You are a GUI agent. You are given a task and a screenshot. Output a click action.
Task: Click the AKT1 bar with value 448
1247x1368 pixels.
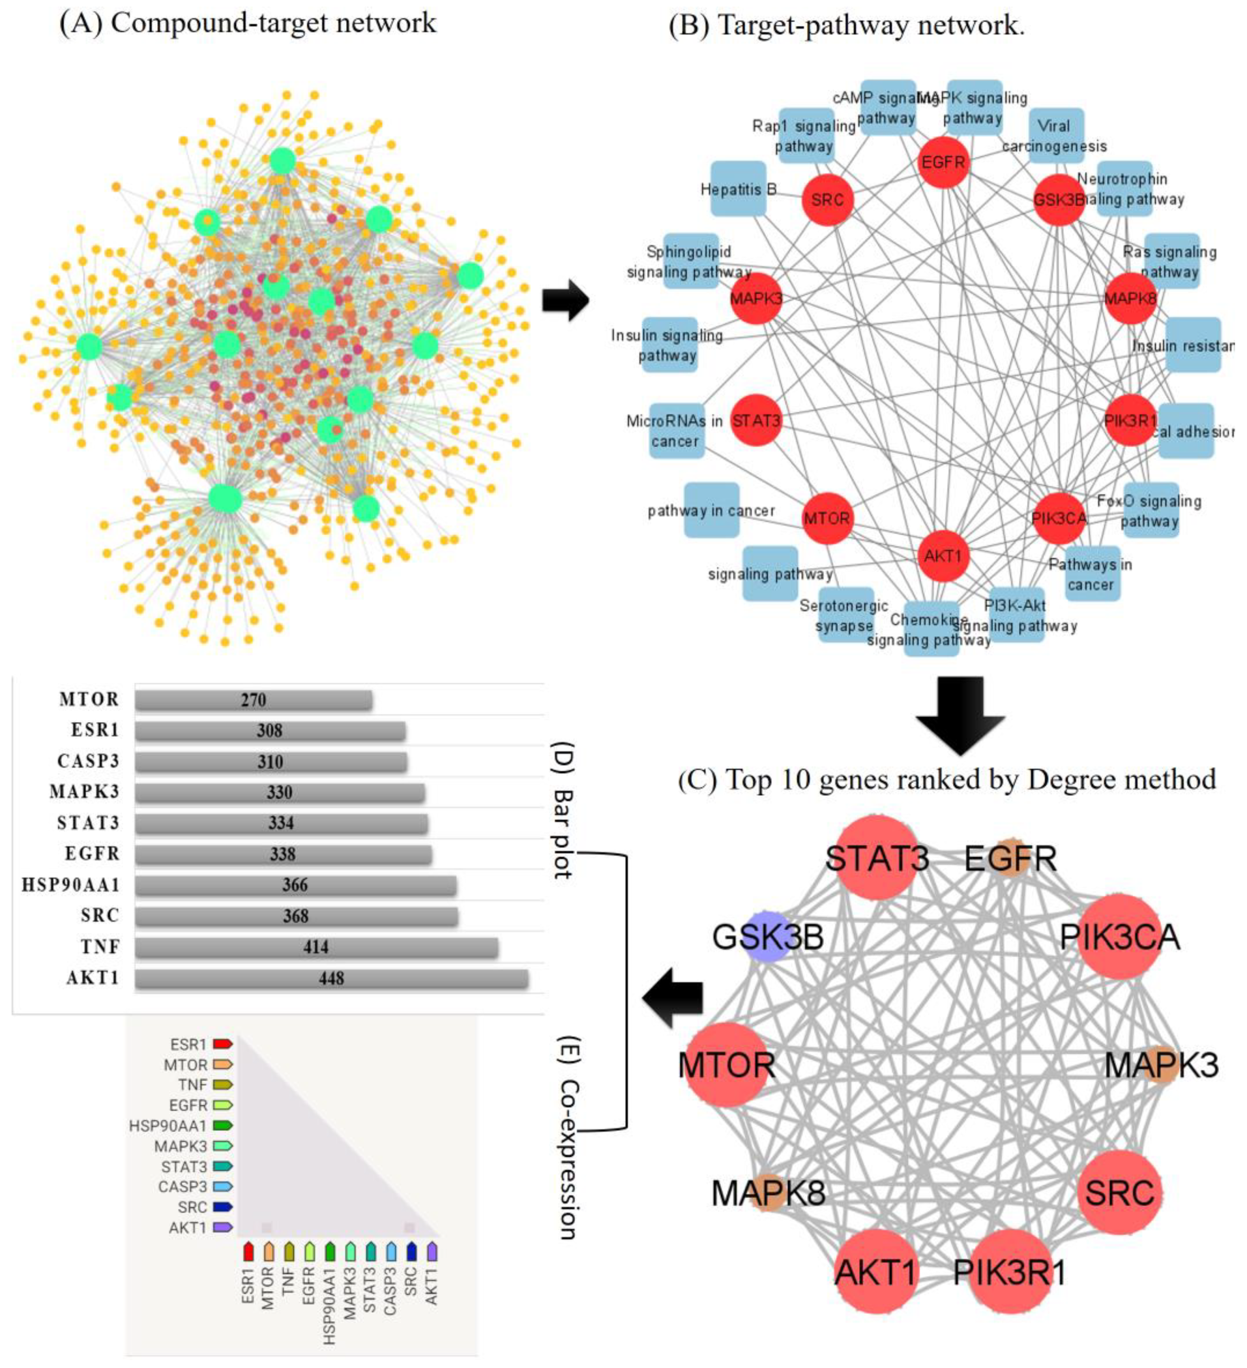331,978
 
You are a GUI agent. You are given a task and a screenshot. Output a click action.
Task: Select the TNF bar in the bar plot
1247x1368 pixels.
316,947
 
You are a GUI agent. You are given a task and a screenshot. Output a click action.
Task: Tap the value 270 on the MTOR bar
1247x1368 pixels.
253,699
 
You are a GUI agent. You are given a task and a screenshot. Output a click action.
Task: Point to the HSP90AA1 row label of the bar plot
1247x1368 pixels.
71,885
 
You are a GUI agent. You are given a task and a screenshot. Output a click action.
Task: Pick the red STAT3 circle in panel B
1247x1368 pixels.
756,421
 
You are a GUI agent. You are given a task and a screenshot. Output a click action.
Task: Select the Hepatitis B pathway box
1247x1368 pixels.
738,189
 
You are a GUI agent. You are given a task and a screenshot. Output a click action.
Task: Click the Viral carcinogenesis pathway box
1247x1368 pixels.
1056,136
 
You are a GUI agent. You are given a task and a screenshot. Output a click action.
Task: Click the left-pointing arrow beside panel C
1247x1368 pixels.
672,998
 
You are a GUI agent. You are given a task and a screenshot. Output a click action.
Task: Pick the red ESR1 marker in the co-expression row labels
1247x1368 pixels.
222,1044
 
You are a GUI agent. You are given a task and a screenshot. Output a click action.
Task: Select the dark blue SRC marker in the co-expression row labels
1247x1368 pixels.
222,1207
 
